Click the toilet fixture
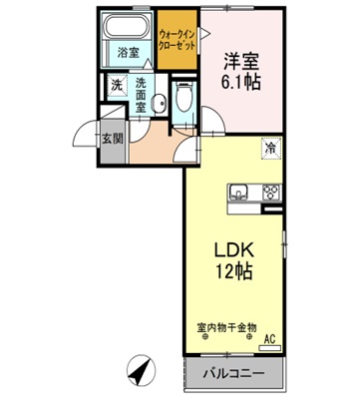(x=181, y=99)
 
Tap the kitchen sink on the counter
(x=240, y=194)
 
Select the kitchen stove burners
(x=268, y=194)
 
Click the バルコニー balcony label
(x=237, y=375)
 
